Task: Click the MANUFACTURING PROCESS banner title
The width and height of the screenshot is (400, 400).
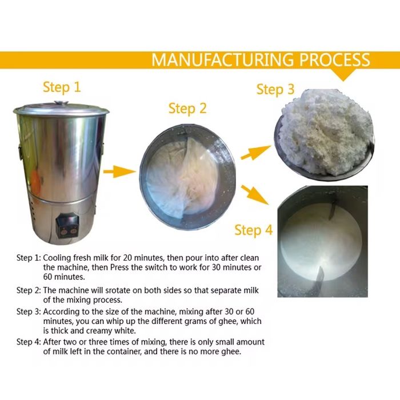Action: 261,59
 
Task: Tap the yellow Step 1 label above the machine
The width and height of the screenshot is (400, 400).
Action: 62,87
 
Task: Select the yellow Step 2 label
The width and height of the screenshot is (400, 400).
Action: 187,109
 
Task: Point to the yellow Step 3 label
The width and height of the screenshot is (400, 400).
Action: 275,90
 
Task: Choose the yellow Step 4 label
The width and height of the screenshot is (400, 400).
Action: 254,230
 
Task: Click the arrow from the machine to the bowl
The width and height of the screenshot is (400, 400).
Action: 119,171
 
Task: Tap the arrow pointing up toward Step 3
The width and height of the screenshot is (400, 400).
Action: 255,153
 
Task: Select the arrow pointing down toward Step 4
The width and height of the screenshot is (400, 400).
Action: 255,195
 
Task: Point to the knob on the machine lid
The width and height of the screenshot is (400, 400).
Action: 62,103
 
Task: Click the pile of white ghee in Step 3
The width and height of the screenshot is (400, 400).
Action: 326,131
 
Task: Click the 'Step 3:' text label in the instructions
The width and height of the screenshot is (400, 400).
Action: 29,312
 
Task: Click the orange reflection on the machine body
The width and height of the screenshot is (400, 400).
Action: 35,181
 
